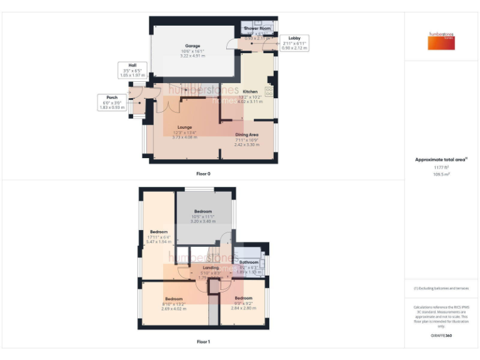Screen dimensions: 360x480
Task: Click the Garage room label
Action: (x=192, y=46)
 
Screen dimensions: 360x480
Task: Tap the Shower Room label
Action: (x=257, y=29)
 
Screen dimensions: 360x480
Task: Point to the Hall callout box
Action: (x=132, y=70)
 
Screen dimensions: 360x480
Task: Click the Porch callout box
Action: (x=112, y=102)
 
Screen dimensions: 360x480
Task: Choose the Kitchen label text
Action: (x=250, y=92)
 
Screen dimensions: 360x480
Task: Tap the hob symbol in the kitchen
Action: (x=270, y=91)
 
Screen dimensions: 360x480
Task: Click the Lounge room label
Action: (x=184, y=127)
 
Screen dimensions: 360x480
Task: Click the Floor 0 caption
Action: (x=203, y=173)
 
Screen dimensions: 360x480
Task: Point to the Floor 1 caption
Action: (x=203, y=342)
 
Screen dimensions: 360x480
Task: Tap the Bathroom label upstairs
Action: (x=249, y=262)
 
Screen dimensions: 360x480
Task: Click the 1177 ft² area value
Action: (x=441, y=167)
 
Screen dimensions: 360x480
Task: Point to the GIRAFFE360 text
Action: (x=441, y=336)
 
